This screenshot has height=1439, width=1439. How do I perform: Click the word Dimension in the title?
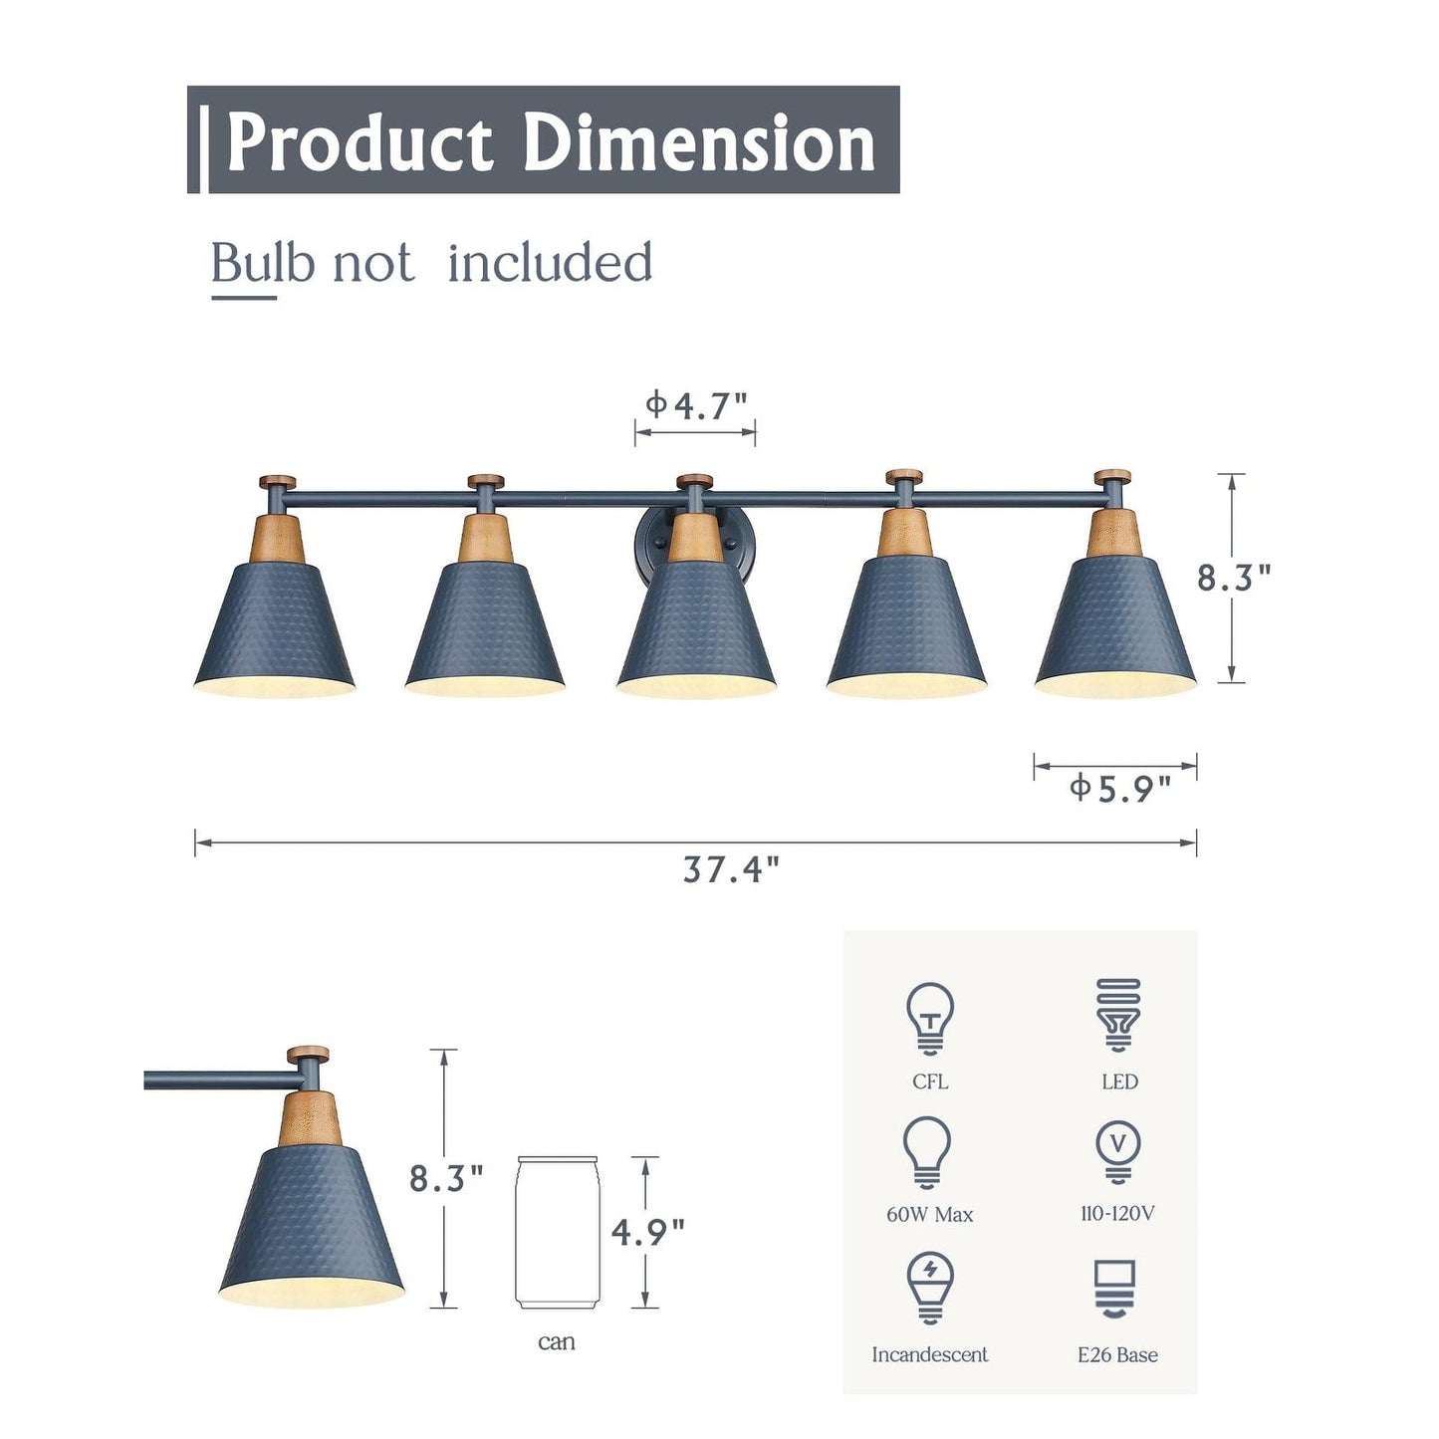(x=698, y=141)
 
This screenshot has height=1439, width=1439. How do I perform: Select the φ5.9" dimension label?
(x=1119, y=789)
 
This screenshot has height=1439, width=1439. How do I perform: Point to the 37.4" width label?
(x=730, y=869)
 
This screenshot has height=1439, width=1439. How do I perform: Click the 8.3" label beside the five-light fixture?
(x=1234, y=578)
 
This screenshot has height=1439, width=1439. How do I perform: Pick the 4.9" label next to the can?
(x=648, y=1233)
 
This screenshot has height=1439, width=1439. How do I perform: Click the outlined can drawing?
(x=557, y=1233)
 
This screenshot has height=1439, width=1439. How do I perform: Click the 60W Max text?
(x=929, y=1214)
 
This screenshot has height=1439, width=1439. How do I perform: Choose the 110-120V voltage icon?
(x=1117, y=1150)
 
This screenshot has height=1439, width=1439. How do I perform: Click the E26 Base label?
(x=1117, y=1354)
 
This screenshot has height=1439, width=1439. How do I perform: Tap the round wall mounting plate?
(x=647, y=538)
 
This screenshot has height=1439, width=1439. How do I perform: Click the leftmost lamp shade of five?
(x=275, y=627)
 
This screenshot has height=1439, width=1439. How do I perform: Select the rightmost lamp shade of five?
(x=1115, y=622)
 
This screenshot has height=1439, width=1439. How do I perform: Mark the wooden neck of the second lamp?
(x=486, y=539)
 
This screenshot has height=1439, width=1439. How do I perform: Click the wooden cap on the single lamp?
(x=308, y=1054)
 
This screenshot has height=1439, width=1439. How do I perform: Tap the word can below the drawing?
(x=556, y=1342)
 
